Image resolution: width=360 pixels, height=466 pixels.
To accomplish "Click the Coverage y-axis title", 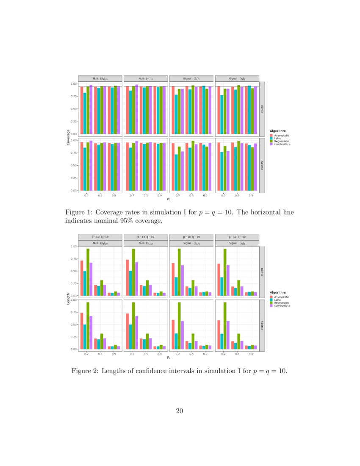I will (68, 137).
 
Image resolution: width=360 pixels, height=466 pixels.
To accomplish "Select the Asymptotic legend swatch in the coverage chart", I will (272, 135).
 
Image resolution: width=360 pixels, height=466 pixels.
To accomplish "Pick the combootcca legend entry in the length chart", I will (272, 306).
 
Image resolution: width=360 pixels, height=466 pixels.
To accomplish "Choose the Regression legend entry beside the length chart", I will (272, 303).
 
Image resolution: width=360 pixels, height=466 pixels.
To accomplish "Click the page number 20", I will (180, 410).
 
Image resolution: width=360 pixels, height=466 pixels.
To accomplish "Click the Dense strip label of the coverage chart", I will (262, 109).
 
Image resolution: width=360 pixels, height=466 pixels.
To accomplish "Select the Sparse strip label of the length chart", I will (262, 325).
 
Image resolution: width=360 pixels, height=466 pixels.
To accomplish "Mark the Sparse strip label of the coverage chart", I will (262, 165).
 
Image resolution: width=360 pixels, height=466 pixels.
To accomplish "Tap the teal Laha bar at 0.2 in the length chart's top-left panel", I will (85, 283).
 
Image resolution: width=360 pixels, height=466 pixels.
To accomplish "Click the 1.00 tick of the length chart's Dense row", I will (74, 247).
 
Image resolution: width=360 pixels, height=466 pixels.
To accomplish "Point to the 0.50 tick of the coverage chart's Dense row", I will (74, 109).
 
